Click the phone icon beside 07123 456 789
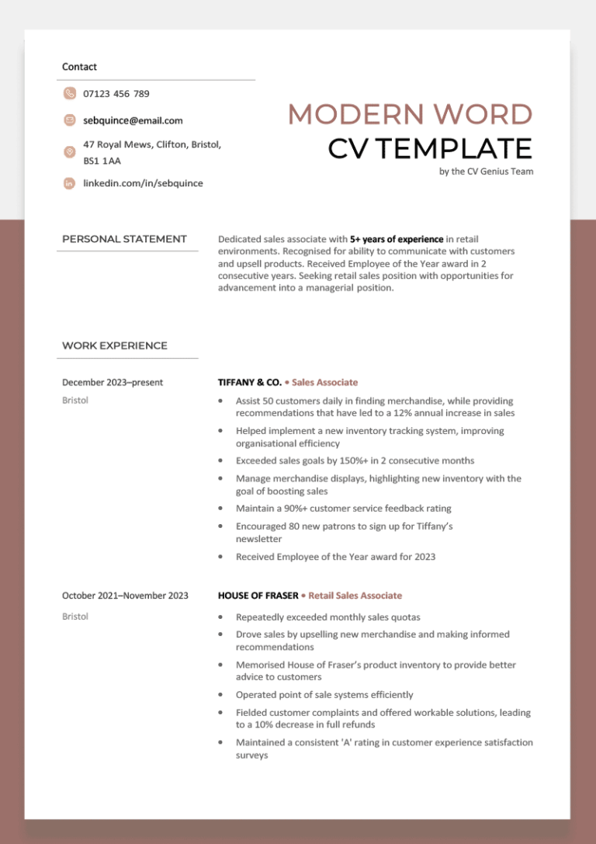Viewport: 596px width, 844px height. [x=70, y=94]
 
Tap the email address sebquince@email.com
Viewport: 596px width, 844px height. [x=133, y=120]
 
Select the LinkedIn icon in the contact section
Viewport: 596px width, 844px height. [x=70, y=183]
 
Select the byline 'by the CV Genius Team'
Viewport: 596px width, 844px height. [x=486, y=172]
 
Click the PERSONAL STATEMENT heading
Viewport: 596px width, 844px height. [x=124, y=239]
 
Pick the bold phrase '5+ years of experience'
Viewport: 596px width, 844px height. [x=397, y=239]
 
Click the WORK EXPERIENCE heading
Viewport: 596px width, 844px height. [x=115, y=346]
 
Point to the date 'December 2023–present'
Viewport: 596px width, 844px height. [x=113, y=382]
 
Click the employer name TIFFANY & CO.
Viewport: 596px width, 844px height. [x=250, y=382]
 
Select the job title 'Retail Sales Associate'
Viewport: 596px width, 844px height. [x=355, y=596]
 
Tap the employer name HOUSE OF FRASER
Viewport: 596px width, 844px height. [x=258, y=596]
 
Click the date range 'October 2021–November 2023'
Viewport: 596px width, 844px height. [x=125, y=596]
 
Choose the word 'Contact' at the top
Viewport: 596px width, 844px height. [x=79, y=67]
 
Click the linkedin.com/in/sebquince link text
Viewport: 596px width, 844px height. [x=143, y=183]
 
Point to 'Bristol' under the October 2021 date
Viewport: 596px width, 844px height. [x=75, y=617]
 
